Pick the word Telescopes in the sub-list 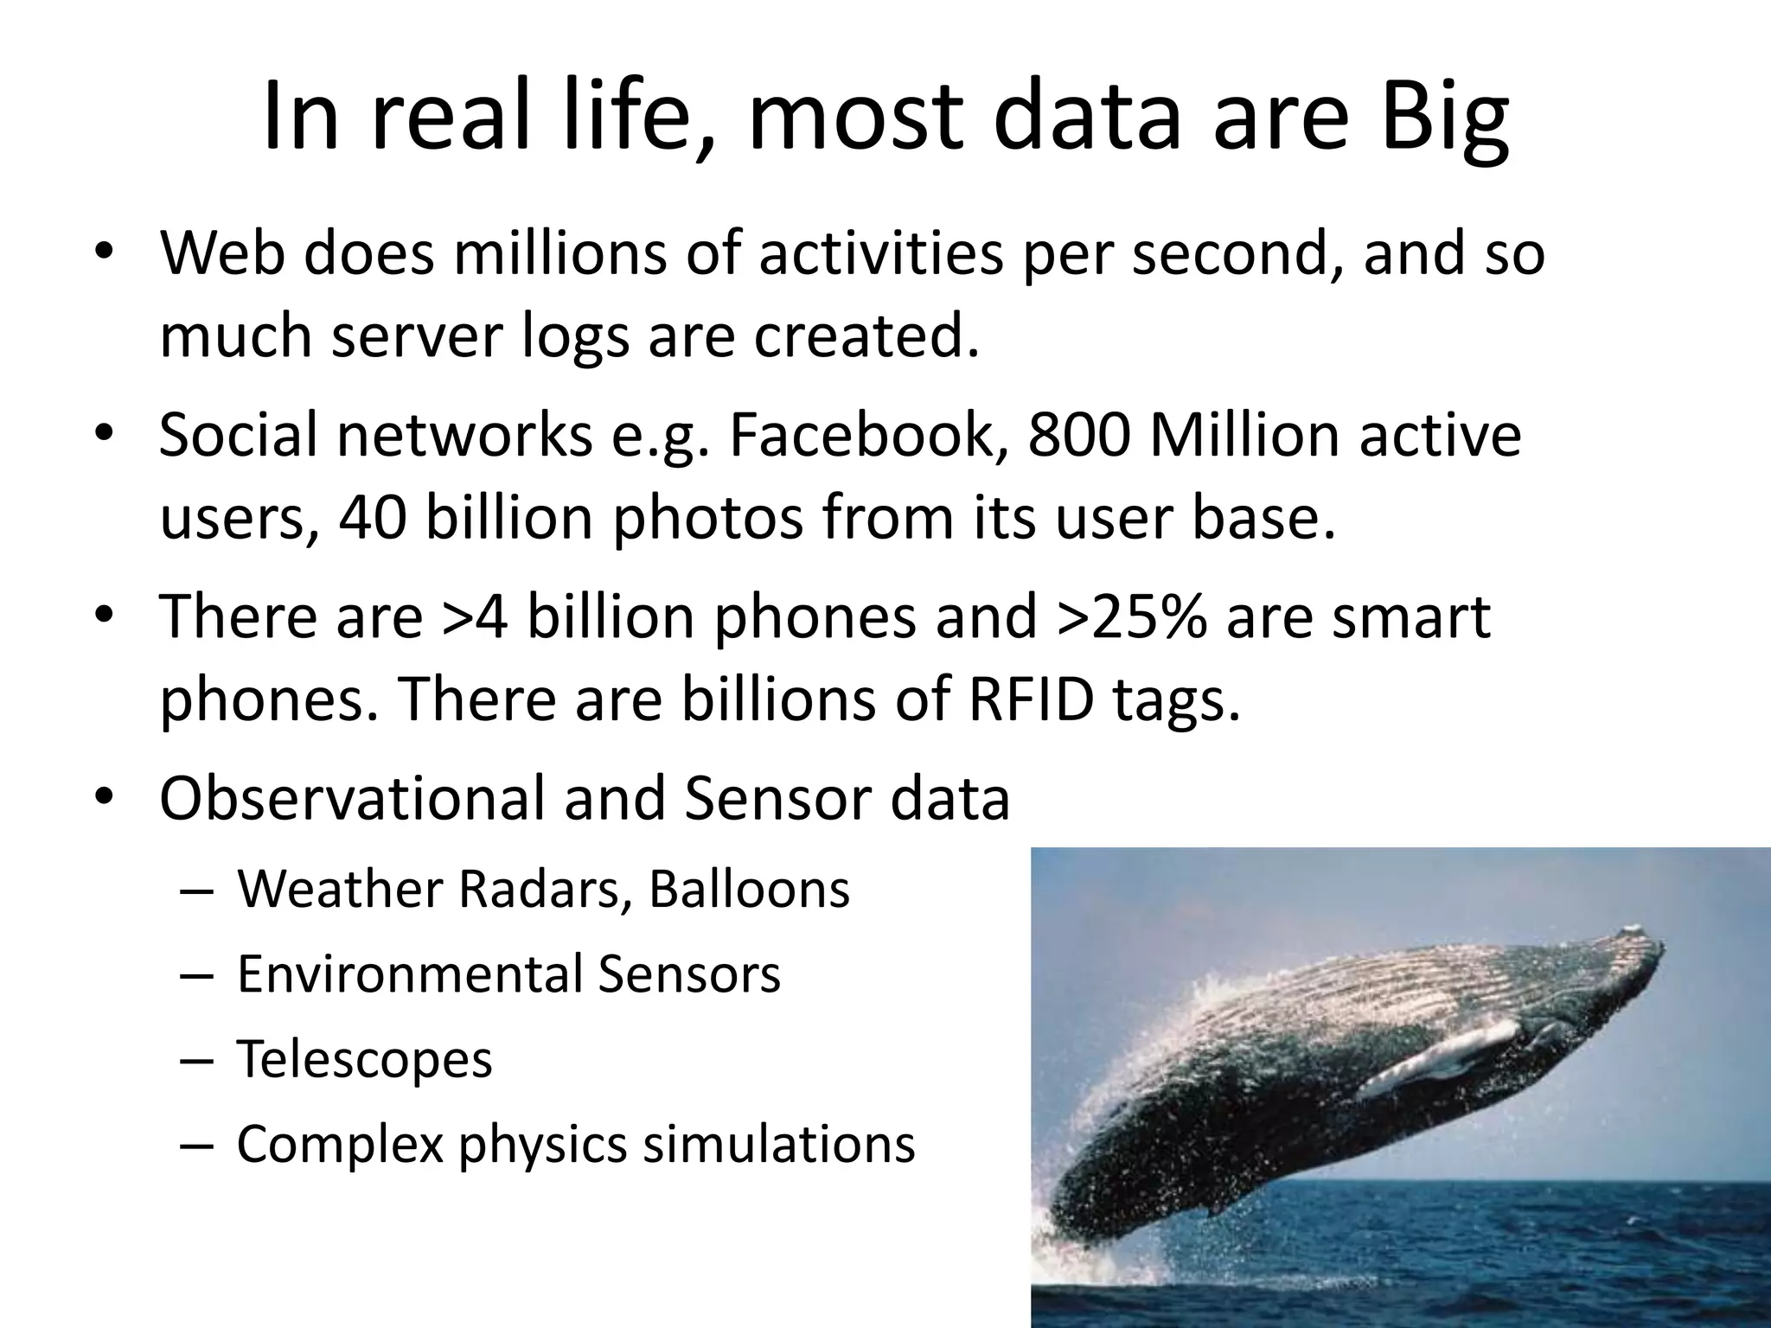pos(364,1059)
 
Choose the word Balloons pos(749,889)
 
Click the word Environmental pos(410,974)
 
